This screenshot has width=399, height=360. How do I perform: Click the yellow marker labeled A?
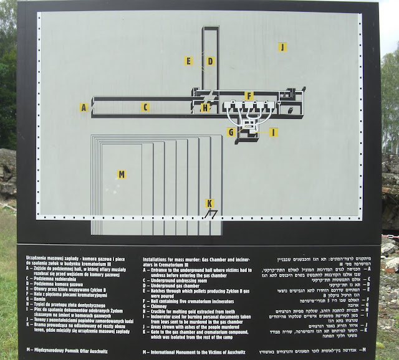point(84,107)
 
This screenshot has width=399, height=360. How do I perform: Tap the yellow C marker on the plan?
point(145,107)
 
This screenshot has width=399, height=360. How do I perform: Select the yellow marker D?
point(211,61)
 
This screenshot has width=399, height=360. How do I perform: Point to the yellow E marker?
point(188,61)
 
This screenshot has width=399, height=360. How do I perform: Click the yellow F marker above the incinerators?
point(249,96)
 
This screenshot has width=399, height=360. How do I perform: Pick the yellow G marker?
point(231,132)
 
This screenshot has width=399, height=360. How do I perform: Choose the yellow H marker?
point(205,108)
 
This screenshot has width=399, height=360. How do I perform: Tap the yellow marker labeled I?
point(274,132)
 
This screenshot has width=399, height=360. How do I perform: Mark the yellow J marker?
point(282,47)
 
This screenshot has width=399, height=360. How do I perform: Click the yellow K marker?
point(209,203)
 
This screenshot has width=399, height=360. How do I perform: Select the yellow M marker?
point(122,174)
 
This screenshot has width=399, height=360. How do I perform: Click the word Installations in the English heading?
point(158,258)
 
